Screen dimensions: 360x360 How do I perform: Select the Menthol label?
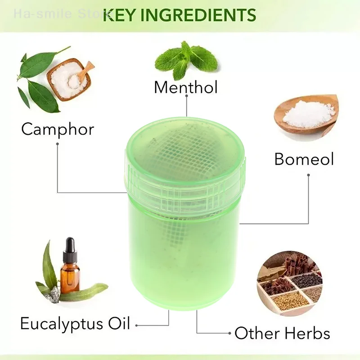185,87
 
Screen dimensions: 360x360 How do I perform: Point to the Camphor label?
58,129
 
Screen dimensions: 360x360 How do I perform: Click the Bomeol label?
304,159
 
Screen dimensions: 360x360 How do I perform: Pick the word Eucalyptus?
61,323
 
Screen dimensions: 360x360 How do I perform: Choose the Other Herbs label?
282,333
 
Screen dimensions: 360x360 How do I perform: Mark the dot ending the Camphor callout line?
58,144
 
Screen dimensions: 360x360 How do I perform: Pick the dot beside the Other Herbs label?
230,334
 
